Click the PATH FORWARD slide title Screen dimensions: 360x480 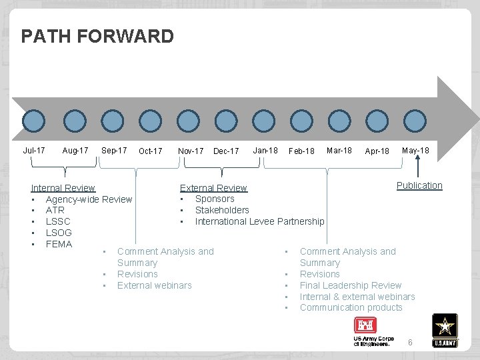97,36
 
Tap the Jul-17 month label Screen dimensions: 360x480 34,151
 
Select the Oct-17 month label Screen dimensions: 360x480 151,151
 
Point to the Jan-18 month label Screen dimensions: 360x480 265,151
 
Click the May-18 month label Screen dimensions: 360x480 415,151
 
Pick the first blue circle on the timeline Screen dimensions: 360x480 33,121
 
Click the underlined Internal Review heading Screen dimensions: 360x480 63,188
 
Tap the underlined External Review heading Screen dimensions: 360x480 213,188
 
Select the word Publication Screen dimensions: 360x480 419,185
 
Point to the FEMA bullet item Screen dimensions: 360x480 59,244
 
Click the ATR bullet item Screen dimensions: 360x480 55,210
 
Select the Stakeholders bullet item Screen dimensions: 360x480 222,210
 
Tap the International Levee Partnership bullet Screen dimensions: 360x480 259,221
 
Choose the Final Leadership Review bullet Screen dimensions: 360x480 351,285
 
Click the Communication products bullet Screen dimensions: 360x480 351,307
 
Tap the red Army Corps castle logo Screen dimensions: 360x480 365,325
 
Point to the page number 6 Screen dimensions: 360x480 410,342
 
